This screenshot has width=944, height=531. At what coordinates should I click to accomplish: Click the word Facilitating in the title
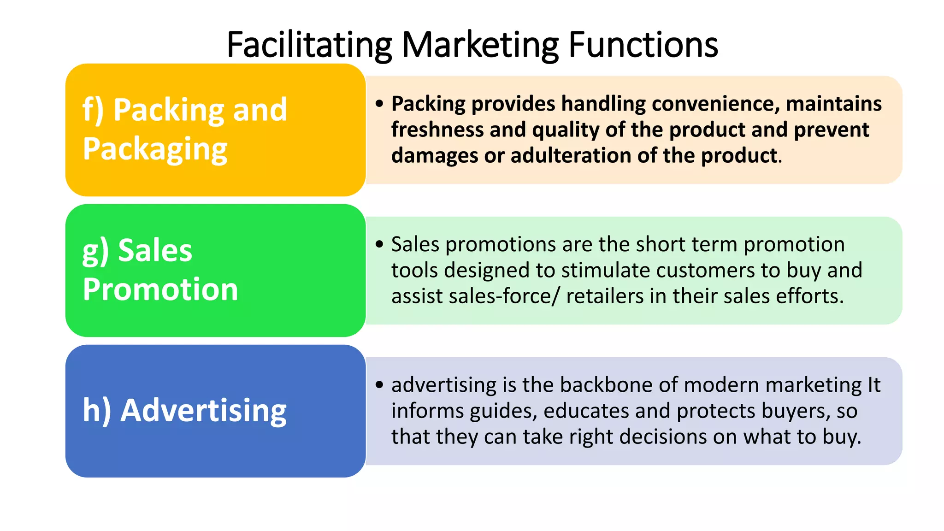pos(309,45)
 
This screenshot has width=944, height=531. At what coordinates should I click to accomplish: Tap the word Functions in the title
pos(643,45)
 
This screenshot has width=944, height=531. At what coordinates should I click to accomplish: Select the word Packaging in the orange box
pos(155,149)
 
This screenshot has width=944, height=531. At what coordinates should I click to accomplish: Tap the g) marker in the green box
pos(95,251)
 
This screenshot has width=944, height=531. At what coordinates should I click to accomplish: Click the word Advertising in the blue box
pos(203,410)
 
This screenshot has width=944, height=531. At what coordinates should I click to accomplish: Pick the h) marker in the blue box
pos(96,410)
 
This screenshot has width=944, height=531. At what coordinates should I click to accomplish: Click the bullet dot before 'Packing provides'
pos(379,103)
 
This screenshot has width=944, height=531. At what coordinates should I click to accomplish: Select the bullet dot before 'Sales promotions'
pos(379,244)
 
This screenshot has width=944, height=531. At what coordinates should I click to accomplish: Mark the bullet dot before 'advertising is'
pos(379,384)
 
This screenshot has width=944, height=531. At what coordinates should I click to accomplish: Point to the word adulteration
pos(571,155)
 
